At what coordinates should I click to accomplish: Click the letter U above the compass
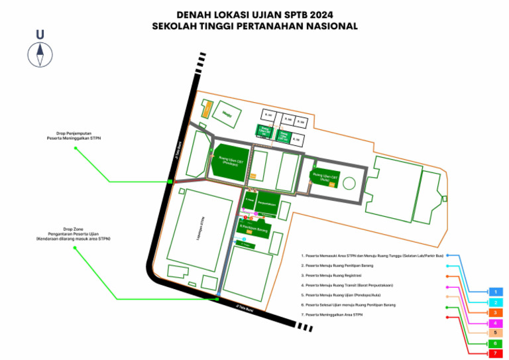click(40, 34)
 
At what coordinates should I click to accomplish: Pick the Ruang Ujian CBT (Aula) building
click(326, 177)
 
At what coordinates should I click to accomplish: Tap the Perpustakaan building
click(266, 204)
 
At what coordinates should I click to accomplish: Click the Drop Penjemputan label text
click(74, 136)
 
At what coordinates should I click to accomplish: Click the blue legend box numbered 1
click(495, 292)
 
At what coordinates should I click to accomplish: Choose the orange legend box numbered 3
click(495, 312)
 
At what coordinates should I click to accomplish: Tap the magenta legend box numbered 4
click(495, 322)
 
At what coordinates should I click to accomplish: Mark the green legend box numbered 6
click(495, 343)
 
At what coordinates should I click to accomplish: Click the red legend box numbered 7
click(495, 354)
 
